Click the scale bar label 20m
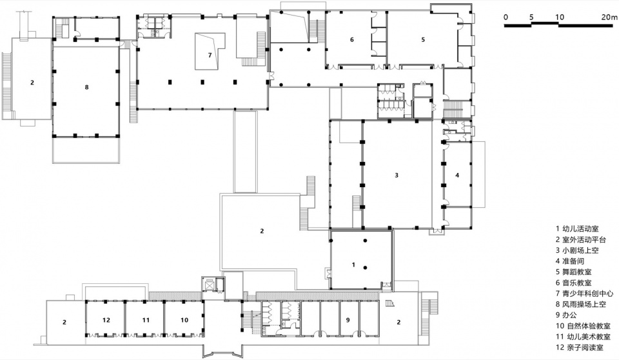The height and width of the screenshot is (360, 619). click(609, 17)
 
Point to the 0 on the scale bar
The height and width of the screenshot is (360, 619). click(506, 17)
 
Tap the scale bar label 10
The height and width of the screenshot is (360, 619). click(560, 17)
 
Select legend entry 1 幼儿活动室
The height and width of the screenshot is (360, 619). click(577, 228)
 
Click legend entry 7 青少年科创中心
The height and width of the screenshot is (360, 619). click(584, 293)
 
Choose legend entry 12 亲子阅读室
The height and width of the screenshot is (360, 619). click(580, 348)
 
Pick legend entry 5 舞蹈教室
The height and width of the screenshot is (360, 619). click(574, 272)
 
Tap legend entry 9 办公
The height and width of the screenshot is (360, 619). click(566, 315)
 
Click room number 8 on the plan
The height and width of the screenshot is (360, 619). click(87, 87)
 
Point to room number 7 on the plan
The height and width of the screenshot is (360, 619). click(210, 55)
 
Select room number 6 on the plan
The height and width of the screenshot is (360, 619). click(352, 39)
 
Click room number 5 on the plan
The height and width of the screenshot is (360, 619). click(423, 39)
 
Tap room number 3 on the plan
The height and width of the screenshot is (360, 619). click(397, 175)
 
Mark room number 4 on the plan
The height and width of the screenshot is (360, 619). click(458, 175)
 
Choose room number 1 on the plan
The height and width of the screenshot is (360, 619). click(354, 265)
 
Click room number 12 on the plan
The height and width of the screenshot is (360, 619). click(106, 320)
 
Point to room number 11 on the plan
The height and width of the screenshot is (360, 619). click(146, 320)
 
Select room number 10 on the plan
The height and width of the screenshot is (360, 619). click(184, 320)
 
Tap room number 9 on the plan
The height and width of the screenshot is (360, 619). click(348, 320)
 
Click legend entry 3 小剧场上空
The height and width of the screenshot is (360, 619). click(577, 250)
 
